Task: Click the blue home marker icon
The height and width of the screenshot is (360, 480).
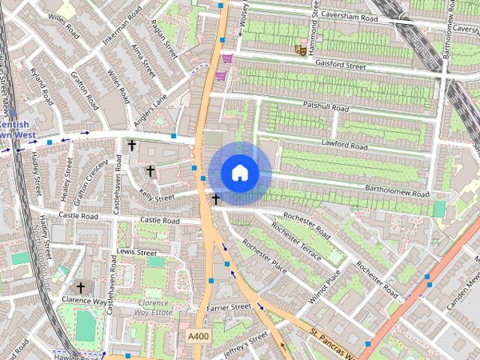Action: (239, 173)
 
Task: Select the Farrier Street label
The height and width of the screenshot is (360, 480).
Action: (229, 307)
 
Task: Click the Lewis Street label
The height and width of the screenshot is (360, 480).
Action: (136, 252)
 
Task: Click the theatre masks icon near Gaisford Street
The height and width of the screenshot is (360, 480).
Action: (299, 50)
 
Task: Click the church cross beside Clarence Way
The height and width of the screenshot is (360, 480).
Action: (81, 287)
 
